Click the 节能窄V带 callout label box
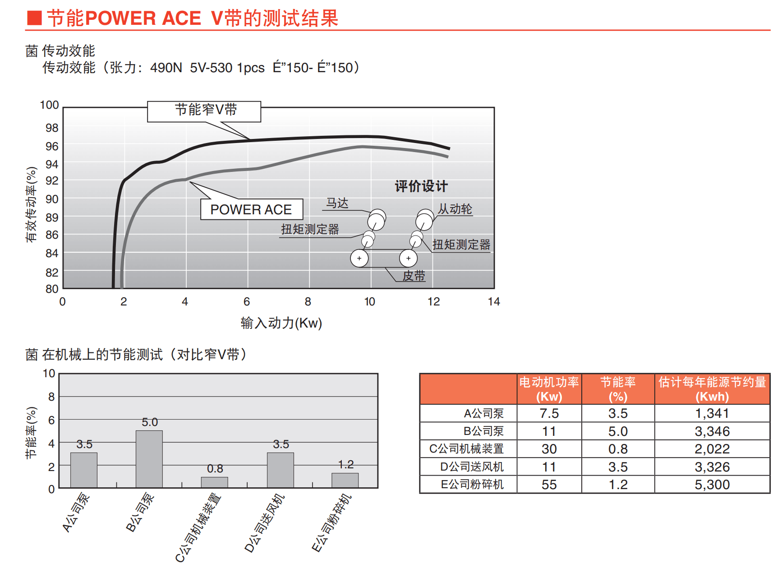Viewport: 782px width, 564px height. (204, 111)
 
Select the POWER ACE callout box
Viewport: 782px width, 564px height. (251, 209)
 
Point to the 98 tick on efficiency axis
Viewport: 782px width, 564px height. (52, 128)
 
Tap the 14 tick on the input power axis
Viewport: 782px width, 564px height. (494, 301)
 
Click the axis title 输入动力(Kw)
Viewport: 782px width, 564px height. (281, 323)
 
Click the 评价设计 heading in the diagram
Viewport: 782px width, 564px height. (421, 186)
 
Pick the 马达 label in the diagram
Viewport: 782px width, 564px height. (337, 203)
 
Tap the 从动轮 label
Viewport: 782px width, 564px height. (455, 209)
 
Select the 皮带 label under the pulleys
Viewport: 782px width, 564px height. (414, 276)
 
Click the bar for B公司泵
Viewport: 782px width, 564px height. (149, 459)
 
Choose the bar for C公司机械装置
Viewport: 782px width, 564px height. (215, 482)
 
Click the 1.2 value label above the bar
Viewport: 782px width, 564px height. (346, 464)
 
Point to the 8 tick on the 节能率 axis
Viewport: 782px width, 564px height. (51, 397)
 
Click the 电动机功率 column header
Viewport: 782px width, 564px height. (549, 389)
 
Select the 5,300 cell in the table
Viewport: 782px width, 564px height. (712, 485)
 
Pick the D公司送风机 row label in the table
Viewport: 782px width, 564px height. (472, 467)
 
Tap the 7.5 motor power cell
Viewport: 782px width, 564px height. (549, 413)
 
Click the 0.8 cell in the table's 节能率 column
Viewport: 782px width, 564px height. (618, 449)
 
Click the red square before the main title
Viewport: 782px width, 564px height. (34, 18)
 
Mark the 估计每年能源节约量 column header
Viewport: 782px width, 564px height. (712, 389)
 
